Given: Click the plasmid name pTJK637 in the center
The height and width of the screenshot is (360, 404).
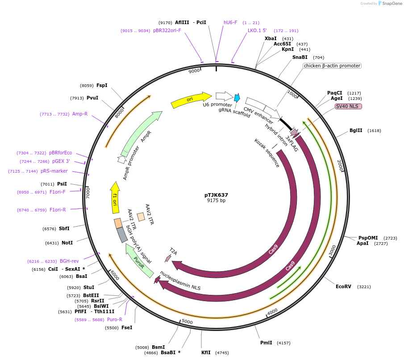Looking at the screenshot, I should tap(216, 195).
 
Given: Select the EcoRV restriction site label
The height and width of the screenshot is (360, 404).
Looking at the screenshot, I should tap(343, 286).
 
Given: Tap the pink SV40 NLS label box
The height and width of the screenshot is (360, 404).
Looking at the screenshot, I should tap(348, 106).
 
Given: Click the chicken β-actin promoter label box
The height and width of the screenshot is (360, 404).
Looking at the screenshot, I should tap(332, 66).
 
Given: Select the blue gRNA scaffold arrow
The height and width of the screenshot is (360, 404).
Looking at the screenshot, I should tap(237, 98).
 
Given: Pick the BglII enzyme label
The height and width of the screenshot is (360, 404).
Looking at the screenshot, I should tap(356, 131).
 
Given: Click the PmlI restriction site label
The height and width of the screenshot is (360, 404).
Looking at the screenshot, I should tap(266, 343).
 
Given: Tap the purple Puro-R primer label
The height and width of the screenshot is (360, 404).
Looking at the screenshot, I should tap(115, 319).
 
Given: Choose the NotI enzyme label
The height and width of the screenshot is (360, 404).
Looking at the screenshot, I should tap(67, 243).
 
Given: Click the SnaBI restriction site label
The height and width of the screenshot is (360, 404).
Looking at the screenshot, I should tap(300, 57).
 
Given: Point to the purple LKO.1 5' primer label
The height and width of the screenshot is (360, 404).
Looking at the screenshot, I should tap(257, 31).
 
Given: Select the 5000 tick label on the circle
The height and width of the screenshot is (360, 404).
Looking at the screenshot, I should tap(187, 322).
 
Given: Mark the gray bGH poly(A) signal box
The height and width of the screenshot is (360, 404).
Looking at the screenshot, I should tap(122, 235).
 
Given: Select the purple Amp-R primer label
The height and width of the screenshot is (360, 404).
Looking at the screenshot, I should tap(80, 114).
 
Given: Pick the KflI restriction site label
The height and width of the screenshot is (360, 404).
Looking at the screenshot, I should tap(206, 352).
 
